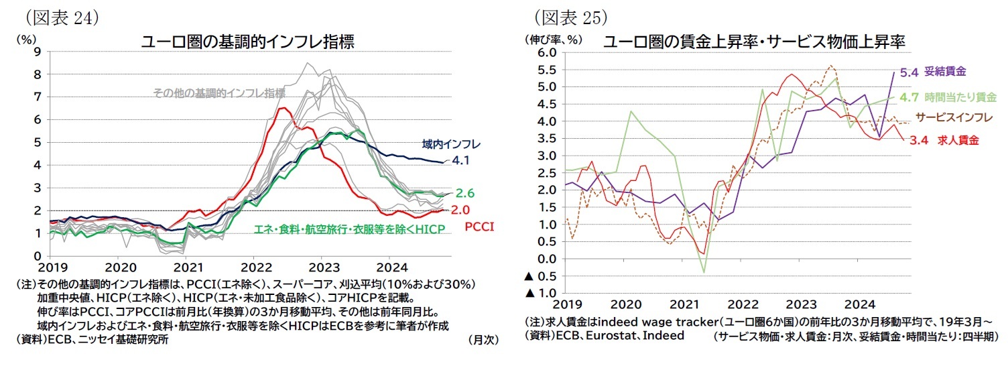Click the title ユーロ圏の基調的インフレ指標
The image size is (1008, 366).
pos(247,42)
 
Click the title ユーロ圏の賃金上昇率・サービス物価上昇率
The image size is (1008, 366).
pos(755,42)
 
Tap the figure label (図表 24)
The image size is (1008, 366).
pos(61,17)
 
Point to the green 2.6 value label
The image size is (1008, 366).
pos(465,193)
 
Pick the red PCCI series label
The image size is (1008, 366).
pos(480,227)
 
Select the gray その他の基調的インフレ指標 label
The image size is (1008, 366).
pos(219,93)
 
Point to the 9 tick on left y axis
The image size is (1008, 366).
pos(38,52)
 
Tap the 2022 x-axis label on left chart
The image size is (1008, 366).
pos(253,264)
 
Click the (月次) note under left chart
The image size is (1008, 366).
pos(483,340)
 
